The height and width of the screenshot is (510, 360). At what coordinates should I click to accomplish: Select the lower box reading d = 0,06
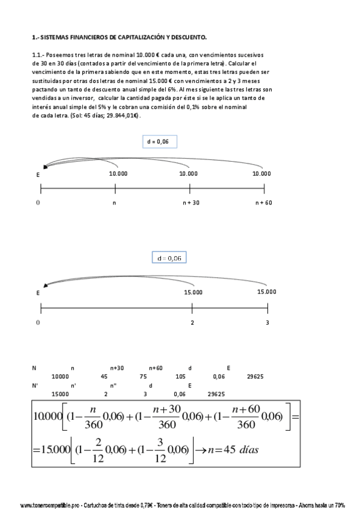(x=169, y=258)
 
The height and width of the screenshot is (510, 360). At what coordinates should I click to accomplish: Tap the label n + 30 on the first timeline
(x=191, y=203)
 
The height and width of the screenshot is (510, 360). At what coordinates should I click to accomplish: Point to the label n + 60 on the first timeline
(x=263, y=203)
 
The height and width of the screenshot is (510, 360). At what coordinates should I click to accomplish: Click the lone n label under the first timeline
(x=114, y=203)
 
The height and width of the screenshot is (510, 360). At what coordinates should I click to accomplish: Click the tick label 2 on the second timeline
(x=192, y=323)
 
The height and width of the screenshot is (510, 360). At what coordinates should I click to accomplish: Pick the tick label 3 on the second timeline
(x=267, y=323)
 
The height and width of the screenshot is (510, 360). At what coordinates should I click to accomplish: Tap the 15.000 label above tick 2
(x=192, y=292)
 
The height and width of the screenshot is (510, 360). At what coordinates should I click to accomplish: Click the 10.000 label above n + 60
(x=263, y=173)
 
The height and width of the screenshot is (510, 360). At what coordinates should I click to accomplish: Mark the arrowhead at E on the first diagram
(x=45, y=167)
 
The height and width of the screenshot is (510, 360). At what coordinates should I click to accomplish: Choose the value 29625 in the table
(x=255, y=376)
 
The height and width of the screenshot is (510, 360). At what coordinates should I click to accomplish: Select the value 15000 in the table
(x=60, y=395)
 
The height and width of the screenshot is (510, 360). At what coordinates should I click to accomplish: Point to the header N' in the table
(x=34, y=386)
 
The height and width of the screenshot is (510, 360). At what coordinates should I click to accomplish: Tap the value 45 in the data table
(x=105, y=376)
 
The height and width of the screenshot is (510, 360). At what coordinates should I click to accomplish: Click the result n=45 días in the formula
(x=235, y=449)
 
